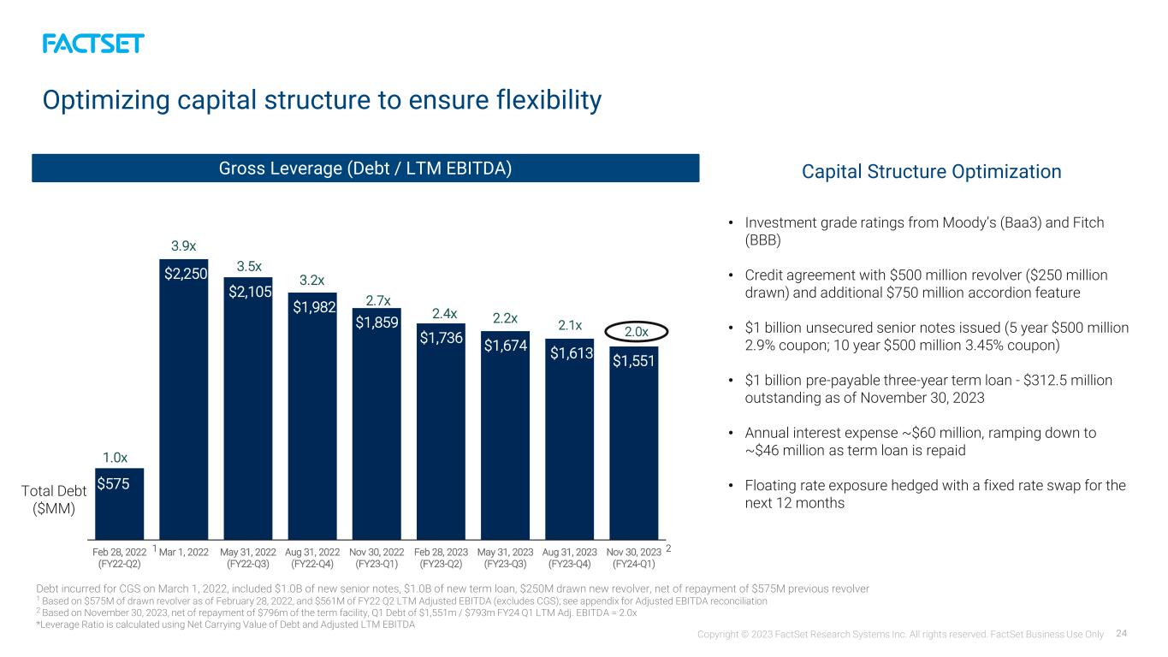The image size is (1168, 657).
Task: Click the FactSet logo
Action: coord(93,44)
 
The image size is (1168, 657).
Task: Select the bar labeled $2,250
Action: coord(183,400)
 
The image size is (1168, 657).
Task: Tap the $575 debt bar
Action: coord(120,504)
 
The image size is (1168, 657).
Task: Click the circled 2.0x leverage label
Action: coord(636,332)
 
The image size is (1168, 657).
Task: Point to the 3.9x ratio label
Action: coord(183,246)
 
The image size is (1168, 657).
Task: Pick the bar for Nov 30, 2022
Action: coord(376,424)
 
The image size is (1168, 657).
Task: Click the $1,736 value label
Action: coord(442,338)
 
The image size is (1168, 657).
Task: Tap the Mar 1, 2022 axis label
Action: coord(183,552)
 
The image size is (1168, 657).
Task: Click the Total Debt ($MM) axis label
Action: coord(54,500)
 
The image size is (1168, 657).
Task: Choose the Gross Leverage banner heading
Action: coord(365,169)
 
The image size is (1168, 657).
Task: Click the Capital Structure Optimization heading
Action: coord(931,172)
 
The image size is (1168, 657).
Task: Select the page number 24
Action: coord(1122,633)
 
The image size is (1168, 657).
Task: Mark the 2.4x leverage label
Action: coord(444,313)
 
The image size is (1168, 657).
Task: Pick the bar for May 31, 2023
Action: coord(505,435)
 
